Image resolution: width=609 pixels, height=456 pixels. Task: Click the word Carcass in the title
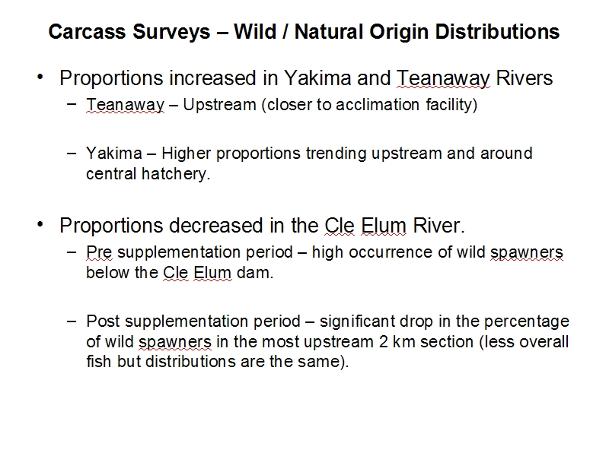coord(87,32)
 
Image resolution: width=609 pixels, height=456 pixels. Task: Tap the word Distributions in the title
coord(497,32)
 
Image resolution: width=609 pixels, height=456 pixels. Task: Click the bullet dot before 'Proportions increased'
coord(40,77)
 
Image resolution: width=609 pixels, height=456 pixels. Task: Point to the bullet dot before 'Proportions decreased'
coord(40,224)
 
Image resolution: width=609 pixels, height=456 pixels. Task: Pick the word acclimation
coord(378,105)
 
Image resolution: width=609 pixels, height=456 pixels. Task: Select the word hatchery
coord(176,174)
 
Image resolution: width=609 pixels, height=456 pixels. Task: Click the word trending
coord(336,154)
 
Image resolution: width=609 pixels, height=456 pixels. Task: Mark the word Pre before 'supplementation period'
coord(99,252)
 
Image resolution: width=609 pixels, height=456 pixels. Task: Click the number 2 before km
coord(384,342)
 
